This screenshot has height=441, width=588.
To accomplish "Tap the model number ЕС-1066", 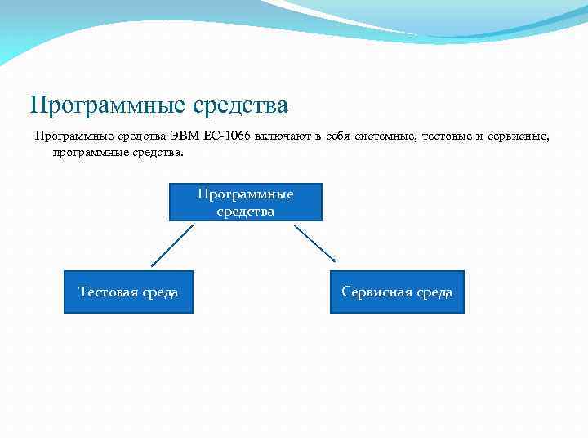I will pyautogui.click(x=227, y=136).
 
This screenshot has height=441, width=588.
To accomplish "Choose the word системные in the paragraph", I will pyautogui.click(x=385, y=136).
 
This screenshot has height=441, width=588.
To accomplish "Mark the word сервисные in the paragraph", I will pyautogui.click(x=519, y=136).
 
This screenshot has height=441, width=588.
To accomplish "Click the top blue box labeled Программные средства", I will pyautogui.click(x=245, y=202).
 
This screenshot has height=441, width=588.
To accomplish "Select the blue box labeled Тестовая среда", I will pyautogui.click(x=128, y=292).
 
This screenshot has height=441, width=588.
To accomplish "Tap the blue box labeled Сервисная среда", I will pyautogui.click(x=397, y=292).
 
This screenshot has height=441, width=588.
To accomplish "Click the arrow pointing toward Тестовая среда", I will pyautogui.click(x=171, y=246).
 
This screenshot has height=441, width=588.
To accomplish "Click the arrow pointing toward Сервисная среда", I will pyautogui.click(x=315, y=243).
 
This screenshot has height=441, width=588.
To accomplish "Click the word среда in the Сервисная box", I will pyautogui.click(x=434, y=292).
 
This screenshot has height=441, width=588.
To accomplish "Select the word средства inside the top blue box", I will pyautogui.click(x=245, y=211).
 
